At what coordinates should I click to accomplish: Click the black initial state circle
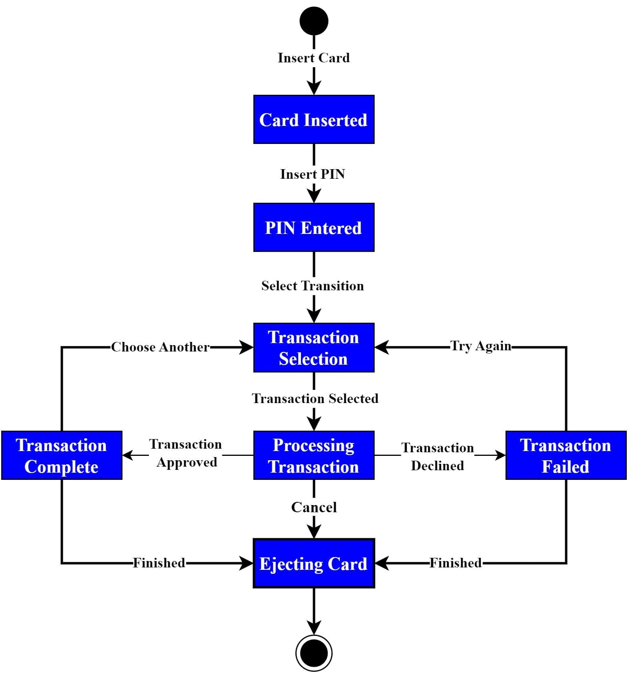[314, 21]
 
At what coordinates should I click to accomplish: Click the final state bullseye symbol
[314, 653]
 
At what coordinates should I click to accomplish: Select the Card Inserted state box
[314, 120]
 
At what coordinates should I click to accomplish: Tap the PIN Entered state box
[314, 228]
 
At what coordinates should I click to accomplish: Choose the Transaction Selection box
[314, 347]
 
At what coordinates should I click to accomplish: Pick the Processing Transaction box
[314, 455]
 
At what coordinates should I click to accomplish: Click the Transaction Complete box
[62, 455]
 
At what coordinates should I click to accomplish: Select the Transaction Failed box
[566, 455]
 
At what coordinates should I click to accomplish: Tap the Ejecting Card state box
[314, 563]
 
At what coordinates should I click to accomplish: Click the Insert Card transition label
[314, 58]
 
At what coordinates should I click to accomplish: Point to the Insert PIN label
[313, 174]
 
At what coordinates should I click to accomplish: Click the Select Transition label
[313, 286]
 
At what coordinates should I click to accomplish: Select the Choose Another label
[160, 347]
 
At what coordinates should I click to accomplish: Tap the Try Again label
[481, 346]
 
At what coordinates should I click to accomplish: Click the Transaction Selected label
[315, 399]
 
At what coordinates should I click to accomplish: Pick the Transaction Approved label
[186, 453]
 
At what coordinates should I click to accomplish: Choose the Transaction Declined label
[437, 457]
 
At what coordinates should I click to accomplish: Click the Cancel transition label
[314, 507]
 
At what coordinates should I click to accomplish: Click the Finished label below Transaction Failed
[455, 563]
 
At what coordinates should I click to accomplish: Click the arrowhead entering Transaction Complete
[128, 455]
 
